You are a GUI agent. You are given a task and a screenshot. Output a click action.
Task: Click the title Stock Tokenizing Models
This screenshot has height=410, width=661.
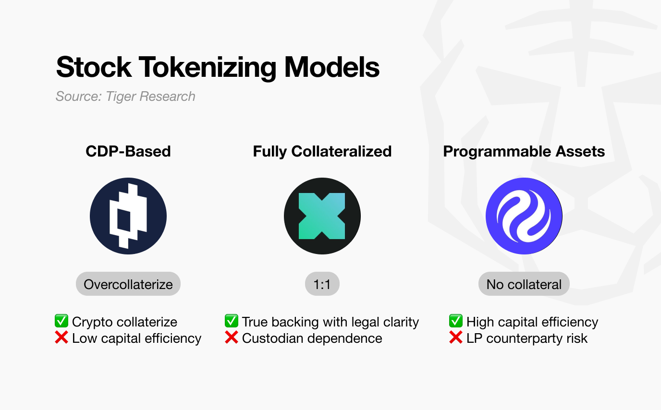coord(218,67)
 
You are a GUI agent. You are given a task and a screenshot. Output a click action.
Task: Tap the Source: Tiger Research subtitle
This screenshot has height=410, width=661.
coord(125,96)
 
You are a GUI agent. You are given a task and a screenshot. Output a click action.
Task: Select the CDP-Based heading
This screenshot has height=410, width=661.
coord(128,152)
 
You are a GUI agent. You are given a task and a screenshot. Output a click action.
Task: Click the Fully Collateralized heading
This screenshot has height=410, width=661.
coord(322,152)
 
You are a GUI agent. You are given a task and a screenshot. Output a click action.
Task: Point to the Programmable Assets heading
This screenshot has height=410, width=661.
coord(524,152)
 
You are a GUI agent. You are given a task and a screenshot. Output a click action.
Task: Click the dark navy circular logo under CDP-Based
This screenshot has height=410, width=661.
coord(128,216)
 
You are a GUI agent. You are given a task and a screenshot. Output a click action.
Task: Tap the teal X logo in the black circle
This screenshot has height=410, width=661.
coord(322,216)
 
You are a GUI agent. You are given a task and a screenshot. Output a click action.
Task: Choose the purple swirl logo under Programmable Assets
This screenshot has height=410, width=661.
coord(524,216)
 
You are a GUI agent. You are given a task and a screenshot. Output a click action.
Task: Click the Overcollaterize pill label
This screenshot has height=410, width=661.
coord(128,284)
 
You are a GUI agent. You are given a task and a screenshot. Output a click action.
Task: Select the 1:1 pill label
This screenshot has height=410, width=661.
coord(322,284)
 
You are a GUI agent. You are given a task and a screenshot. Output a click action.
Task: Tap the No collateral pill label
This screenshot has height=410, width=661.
coord(524,284)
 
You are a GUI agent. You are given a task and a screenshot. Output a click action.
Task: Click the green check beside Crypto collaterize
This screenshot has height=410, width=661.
coord(61,321)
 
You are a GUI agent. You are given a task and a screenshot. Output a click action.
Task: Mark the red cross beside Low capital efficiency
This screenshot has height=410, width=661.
coord(61,338)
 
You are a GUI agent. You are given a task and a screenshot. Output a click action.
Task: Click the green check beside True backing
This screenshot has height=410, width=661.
coord(232,321)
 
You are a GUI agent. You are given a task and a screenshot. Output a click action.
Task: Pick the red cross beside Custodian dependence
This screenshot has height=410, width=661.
coord(232,338)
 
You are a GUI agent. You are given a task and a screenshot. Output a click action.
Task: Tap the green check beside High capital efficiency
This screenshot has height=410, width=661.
coord(456,321)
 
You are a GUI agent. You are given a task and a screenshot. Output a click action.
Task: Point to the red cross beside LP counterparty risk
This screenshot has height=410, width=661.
coord(456,338)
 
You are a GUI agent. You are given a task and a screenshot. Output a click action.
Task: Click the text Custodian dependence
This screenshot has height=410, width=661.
coord(312,338)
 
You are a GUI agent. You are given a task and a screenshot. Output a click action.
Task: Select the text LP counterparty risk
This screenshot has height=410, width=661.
coord(527,338)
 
